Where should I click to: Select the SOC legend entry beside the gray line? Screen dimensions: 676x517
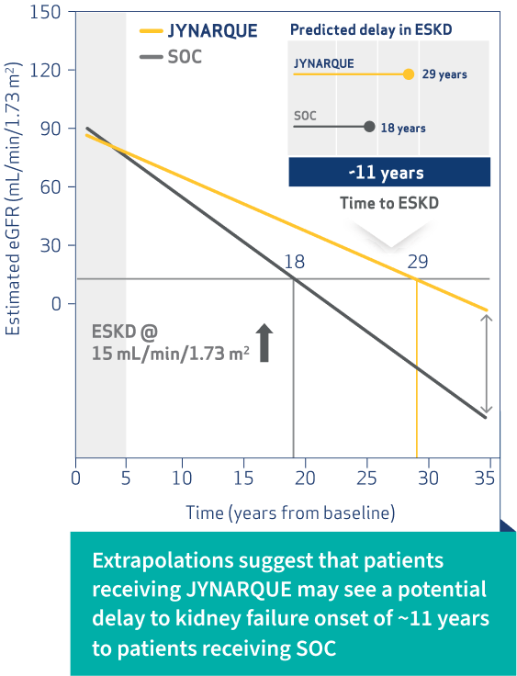[x=184, y=57]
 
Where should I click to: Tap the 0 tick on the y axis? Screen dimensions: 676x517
[x=57, y=304]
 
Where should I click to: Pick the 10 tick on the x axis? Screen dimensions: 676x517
[x=183, y=479]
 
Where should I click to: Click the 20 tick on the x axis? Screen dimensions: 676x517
[x=304, y=479]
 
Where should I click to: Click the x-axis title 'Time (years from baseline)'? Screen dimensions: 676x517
[x=290, y=511]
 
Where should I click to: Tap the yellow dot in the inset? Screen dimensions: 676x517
[x=409, y=74]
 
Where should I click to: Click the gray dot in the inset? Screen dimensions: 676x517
[x=369, y=128]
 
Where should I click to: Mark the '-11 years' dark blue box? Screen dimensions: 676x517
[x=390, y=172]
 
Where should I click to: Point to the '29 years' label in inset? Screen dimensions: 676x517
[x=444, y=75]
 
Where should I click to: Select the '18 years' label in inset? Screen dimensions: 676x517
[x=402, y=129]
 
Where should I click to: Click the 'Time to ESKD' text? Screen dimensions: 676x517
[x=389, y=202]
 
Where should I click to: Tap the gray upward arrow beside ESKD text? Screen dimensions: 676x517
[x=264, y=343]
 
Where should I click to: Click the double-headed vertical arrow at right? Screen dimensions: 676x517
[x=488, y=364]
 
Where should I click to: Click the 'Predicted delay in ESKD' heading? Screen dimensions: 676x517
[x=371, y=29]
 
